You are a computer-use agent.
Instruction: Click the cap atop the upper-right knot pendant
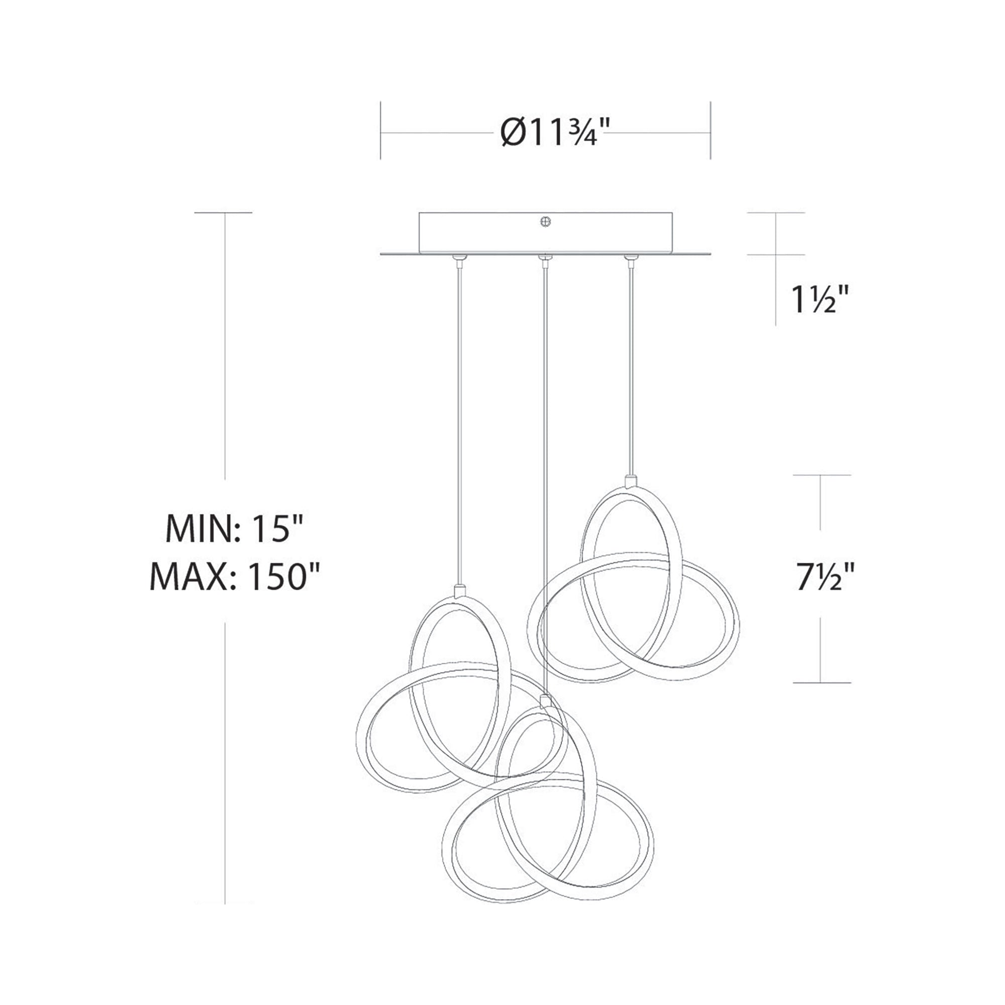(631, 480)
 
